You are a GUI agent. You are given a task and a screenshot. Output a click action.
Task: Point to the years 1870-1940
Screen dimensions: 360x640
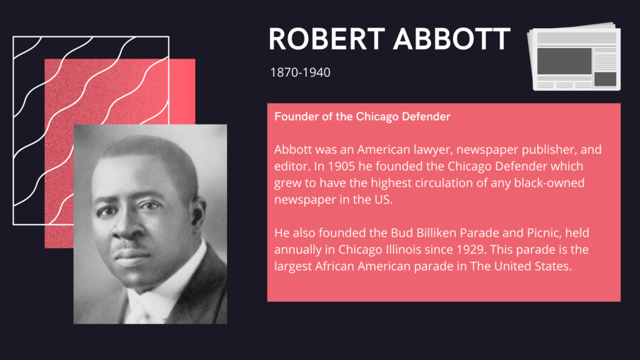[x=300, y=72]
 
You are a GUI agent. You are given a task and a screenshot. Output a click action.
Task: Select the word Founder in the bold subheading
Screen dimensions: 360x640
[x=294, y=117]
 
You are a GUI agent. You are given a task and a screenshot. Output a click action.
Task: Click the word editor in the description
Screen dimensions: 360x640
[x=289, y=167]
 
